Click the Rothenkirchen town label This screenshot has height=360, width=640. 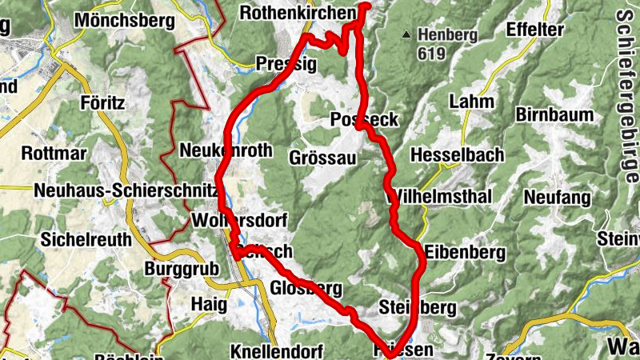(x=298, y=14)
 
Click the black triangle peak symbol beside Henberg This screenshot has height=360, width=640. (x=407, y=34)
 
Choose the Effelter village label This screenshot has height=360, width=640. (x=537, y=30)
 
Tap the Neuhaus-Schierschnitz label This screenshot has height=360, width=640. (x=126, y=190)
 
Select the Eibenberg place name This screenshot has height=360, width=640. (x=466, y=253)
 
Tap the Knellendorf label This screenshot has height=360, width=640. (x=275, y=351)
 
